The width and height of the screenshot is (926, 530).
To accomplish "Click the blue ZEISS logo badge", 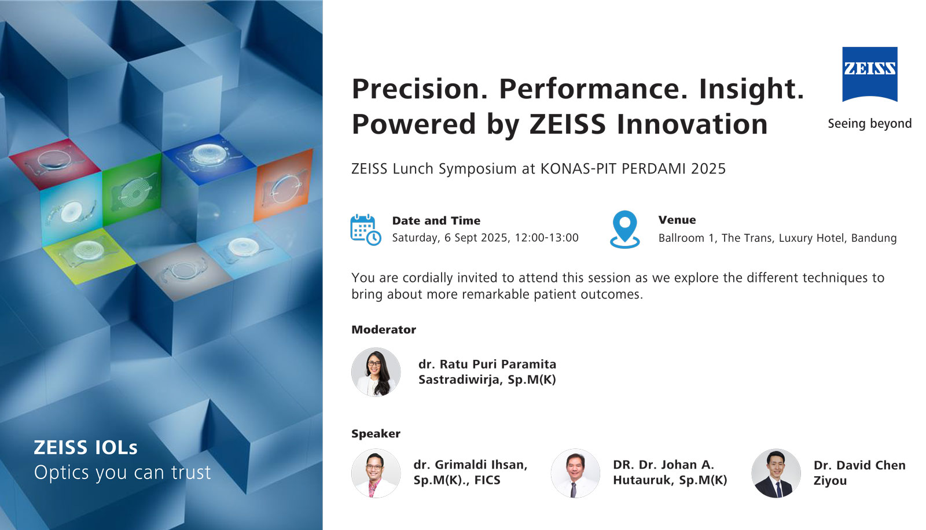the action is tap(870, 74).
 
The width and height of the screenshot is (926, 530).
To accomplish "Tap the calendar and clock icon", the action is tap(365, 230).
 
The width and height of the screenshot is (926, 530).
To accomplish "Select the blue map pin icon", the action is tap(624, 229).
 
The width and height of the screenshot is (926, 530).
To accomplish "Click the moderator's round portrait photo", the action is tap(376, 372).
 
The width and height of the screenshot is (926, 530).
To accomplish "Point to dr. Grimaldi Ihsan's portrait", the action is tap(376, 473).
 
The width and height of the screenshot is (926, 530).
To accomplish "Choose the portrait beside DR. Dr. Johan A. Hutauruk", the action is tap(575, 473).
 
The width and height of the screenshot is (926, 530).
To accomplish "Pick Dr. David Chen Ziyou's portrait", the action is tap(776, 473).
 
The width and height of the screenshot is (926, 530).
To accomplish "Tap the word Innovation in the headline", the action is tap(692, 124).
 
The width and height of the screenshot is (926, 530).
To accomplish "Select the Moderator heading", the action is tap(384, 329).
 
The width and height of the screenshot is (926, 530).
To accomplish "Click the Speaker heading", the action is tap(376, 434).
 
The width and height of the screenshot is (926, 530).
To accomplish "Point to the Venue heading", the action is tap(677, 220).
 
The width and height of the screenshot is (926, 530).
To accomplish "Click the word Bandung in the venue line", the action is tap(874, 238).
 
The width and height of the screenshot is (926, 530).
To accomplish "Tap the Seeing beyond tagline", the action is tap(870, 124).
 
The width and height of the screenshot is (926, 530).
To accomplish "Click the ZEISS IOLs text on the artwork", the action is tap(86, 447).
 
